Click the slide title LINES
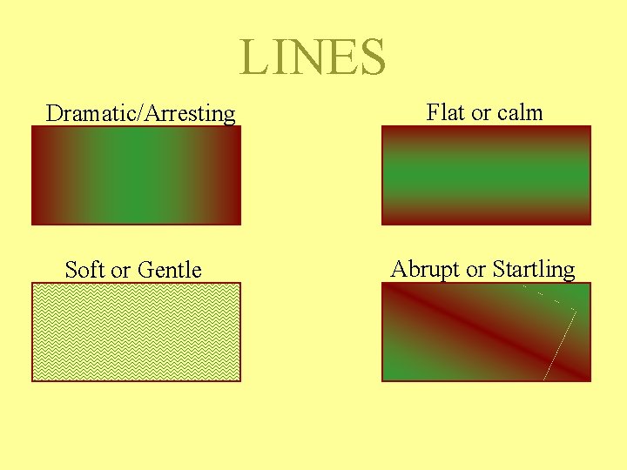tap(313, 57)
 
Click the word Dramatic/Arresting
tap(140, 113)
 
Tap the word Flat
tap(445, 112)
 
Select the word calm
tap(520, 112)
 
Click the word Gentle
tap(170, 270)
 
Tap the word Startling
tap(534, 270)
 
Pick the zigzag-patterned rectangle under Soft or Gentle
tap(136, 332)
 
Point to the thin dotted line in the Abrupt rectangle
tap(561, 344)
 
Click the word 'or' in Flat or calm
tap(481, 113)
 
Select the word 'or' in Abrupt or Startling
tap(476, 270)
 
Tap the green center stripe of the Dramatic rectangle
tap(136, 176)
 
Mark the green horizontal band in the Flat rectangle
tap(486, 176)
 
